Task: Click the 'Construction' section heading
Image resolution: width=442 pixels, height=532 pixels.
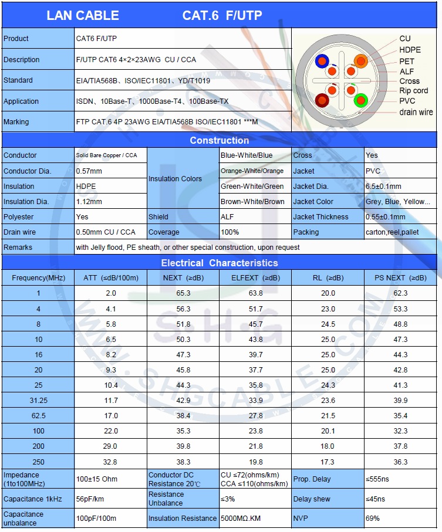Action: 219,140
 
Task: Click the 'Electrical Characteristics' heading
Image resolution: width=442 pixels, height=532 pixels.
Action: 219,263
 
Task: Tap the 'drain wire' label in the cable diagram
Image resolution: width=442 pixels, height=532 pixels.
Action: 416,112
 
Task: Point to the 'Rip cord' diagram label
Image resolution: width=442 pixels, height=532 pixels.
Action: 413,91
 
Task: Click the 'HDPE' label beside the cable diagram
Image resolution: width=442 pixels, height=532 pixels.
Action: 410,50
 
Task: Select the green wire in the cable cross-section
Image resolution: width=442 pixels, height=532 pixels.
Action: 360,100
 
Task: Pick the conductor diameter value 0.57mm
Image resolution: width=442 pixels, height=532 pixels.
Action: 89,171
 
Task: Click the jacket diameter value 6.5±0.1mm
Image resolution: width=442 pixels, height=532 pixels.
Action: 383,187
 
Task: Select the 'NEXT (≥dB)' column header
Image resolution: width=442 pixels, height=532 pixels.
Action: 183,277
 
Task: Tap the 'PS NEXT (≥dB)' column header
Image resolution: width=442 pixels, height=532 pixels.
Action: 400,277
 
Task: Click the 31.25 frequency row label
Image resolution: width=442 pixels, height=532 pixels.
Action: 38,401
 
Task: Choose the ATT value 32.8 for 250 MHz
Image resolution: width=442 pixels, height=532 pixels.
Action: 110,462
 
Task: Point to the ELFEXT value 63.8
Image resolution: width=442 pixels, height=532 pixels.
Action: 255,293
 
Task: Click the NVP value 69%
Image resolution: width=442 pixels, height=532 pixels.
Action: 373,519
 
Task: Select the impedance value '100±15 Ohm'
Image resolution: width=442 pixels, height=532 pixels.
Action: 97,479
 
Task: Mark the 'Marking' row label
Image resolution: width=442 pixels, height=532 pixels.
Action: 16,122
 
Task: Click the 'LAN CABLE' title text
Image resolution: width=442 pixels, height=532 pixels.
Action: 83,15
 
